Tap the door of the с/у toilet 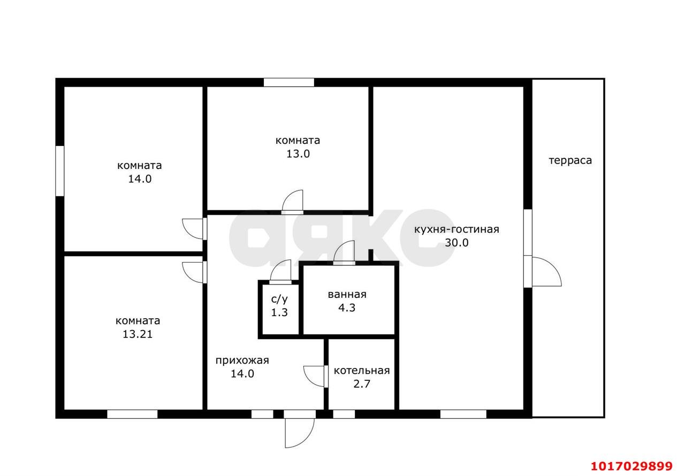coord(281,271)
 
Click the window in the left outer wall coord(60,171)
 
